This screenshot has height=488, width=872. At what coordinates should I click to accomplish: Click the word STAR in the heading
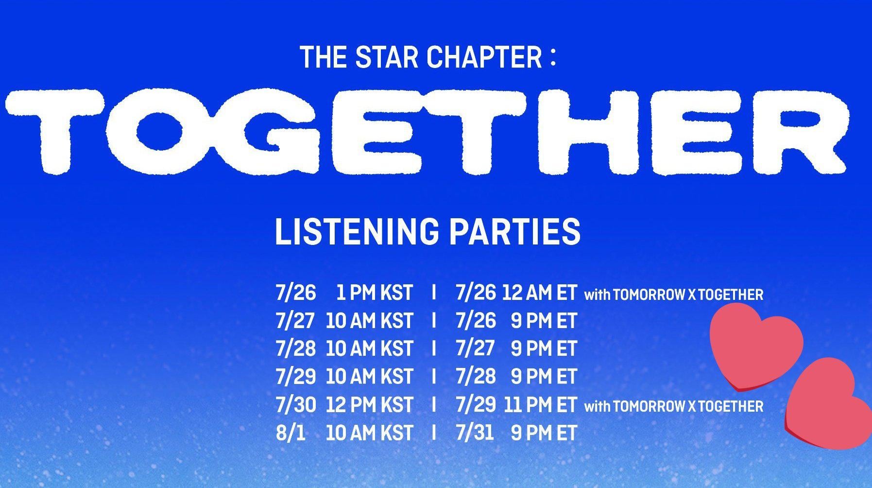tap(386, 57)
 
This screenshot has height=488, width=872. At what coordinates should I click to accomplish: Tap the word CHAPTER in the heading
tap(484, 57)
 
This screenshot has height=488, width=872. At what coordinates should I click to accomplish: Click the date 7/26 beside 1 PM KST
tap(295, 293)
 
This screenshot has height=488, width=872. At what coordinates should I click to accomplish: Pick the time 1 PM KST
tap(374, 293)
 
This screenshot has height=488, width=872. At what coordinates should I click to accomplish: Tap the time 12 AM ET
tap(539, 293)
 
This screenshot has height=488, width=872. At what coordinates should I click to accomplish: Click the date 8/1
tap(291, 433)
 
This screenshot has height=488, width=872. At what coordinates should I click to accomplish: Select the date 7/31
tap(475, 433)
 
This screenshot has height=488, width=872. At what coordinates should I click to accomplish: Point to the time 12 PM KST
tap(369, 405)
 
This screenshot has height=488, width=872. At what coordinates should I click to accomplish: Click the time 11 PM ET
tap(540, 405)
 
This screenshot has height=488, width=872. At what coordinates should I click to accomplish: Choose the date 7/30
tap(296, 405)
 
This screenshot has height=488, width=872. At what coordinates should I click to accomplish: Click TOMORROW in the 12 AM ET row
tap(649, 295)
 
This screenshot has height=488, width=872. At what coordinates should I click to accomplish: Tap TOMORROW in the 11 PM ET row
tap(649, 407)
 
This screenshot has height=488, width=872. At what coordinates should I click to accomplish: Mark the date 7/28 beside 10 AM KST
tap(296, 349)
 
